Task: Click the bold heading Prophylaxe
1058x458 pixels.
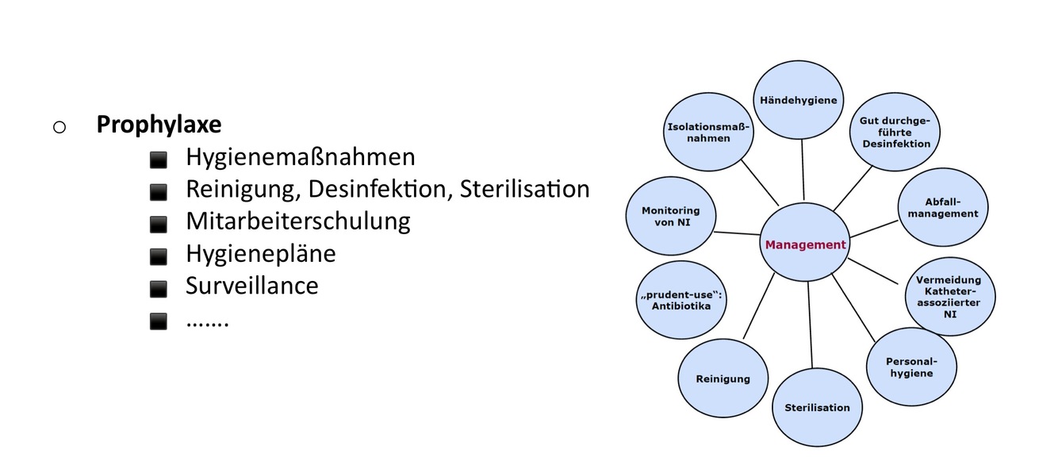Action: [x=159, y=125]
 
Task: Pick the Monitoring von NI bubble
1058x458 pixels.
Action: [x=670, y=216]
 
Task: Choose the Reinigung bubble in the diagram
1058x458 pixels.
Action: [x=723, y=379]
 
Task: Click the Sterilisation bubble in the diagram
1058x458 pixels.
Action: [x=817, y=407]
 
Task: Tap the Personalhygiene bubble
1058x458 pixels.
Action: [x=910, y=367]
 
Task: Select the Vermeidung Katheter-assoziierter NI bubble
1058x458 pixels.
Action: [x=948, y=296]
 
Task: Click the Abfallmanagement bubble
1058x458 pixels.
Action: [x=943, y=208]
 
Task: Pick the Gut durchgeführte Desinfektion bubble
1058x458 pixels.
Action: [x=895, y=132]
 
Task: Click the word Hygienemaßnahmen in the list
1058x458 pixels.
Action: [x=300, y=157]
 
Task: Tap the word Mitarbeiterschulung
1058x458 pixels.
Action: [x=297, y=221]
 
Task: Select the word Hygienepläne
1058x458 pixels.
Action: [x=260, y=253]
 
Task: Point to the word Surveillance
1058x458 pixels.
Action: [x=251, y=286]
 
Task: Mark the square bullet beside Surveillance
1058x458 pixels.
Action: [x=159, y=288]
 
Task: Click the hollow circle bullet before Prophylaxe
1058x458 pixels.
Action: [x=60, y=127]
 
